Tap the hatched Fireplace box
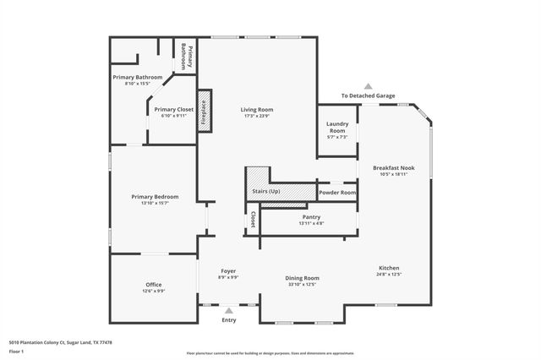[x=203, y=110]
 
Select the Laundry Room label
[x=336, y=128]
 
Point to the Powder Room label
[x=336, y=193]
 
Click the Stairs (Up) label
[x=266, y=192]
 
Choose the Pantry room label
[x=310, y=216]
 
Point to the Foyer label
[x=228, y=270]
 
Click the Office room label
[x=153, y=285]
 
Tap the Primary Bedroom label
[x=155, y=197]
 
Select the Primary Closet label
[x=174, y=109]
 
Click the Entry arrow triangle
[x=228, y=311]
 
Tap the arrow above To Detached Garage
[x=368, y=86]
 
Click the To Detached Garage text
[x=368, y=95]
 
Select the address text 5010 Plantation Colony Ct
[x=60, y=342]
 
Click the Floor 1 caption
[x=17, y=350]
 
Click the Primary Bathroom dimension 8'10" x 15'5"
[x=137, y=83]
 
